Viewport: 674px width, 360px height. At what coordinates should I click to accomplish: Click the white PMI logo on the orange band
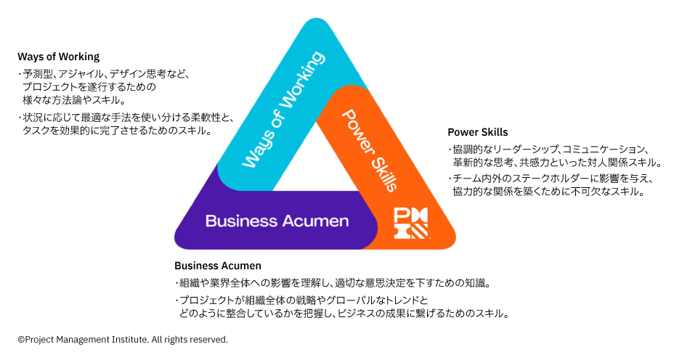click(411, 224)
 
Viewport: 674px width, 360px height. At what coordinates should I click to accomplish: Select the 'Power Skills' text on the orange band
click(368, 150)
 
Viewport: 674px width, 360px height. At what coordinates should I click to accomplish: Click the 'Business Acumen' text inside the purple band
click(277, 221)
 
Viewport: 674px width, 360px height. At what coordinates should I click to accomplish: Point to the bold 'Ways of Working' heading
click(58, 57)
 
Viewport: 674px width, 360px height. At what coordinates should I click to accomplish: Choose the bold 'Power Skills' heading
click(477, 132)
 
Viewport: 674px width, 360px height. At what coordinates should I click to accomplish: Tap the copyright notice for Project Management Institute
click(123, 339)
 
